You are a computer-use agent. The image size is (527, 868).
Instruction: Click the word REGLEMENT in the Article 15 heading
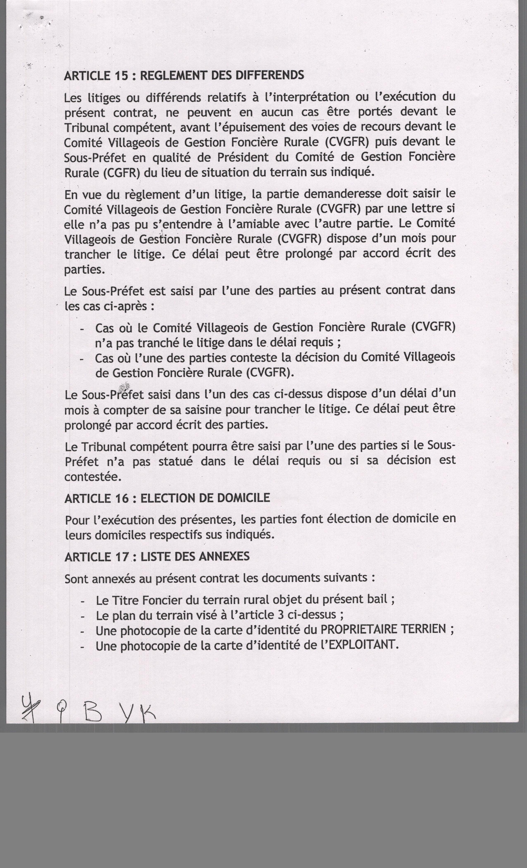171,75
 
